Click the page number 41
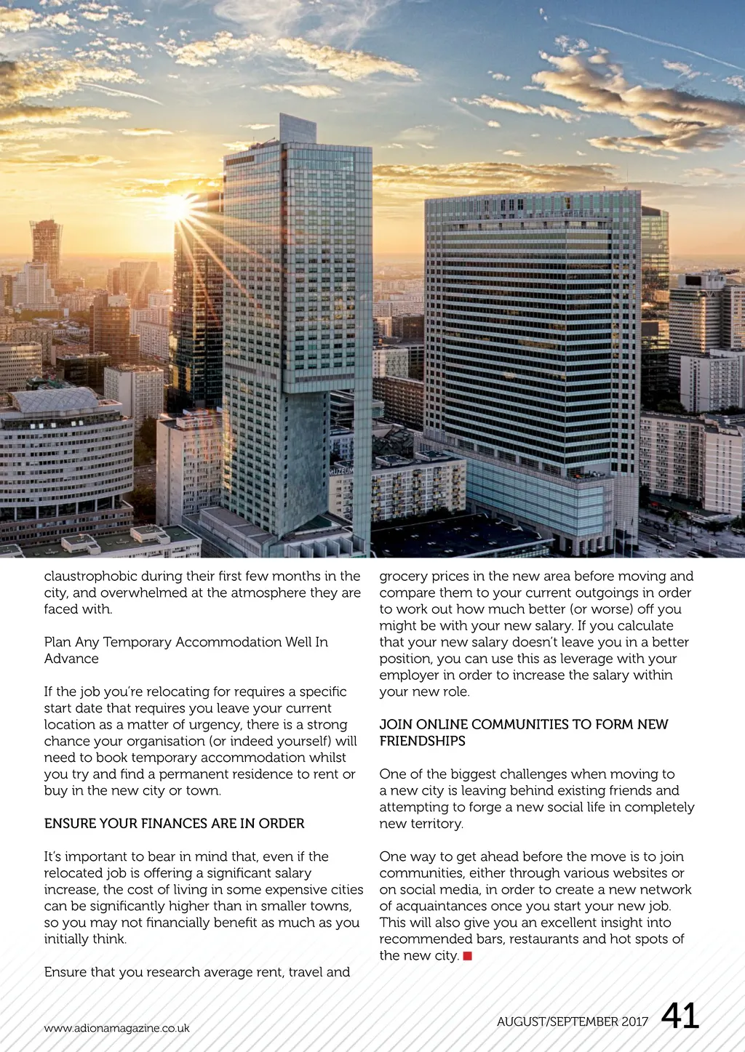tap(680, 1016)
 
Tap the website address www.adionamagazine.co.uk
tap(116, 1028)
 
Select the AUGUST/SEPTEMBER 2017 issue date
tap(572, 1021)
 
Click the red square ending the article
tap(468, 955)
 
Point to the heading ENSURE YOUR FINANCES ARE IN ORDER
tap(174, 823)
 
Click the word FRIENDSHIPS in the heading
tap(422, 741)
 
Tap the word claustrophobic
tap(90, 576)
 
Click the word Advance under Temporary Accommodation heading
tap(71, 658)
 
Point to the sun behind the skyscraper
tap(177, 209)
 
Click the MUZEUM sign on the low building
tap(341, 471)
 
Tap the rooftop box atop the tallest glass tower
tap(298, 128)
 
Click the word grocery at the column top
tap(402, 576)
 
